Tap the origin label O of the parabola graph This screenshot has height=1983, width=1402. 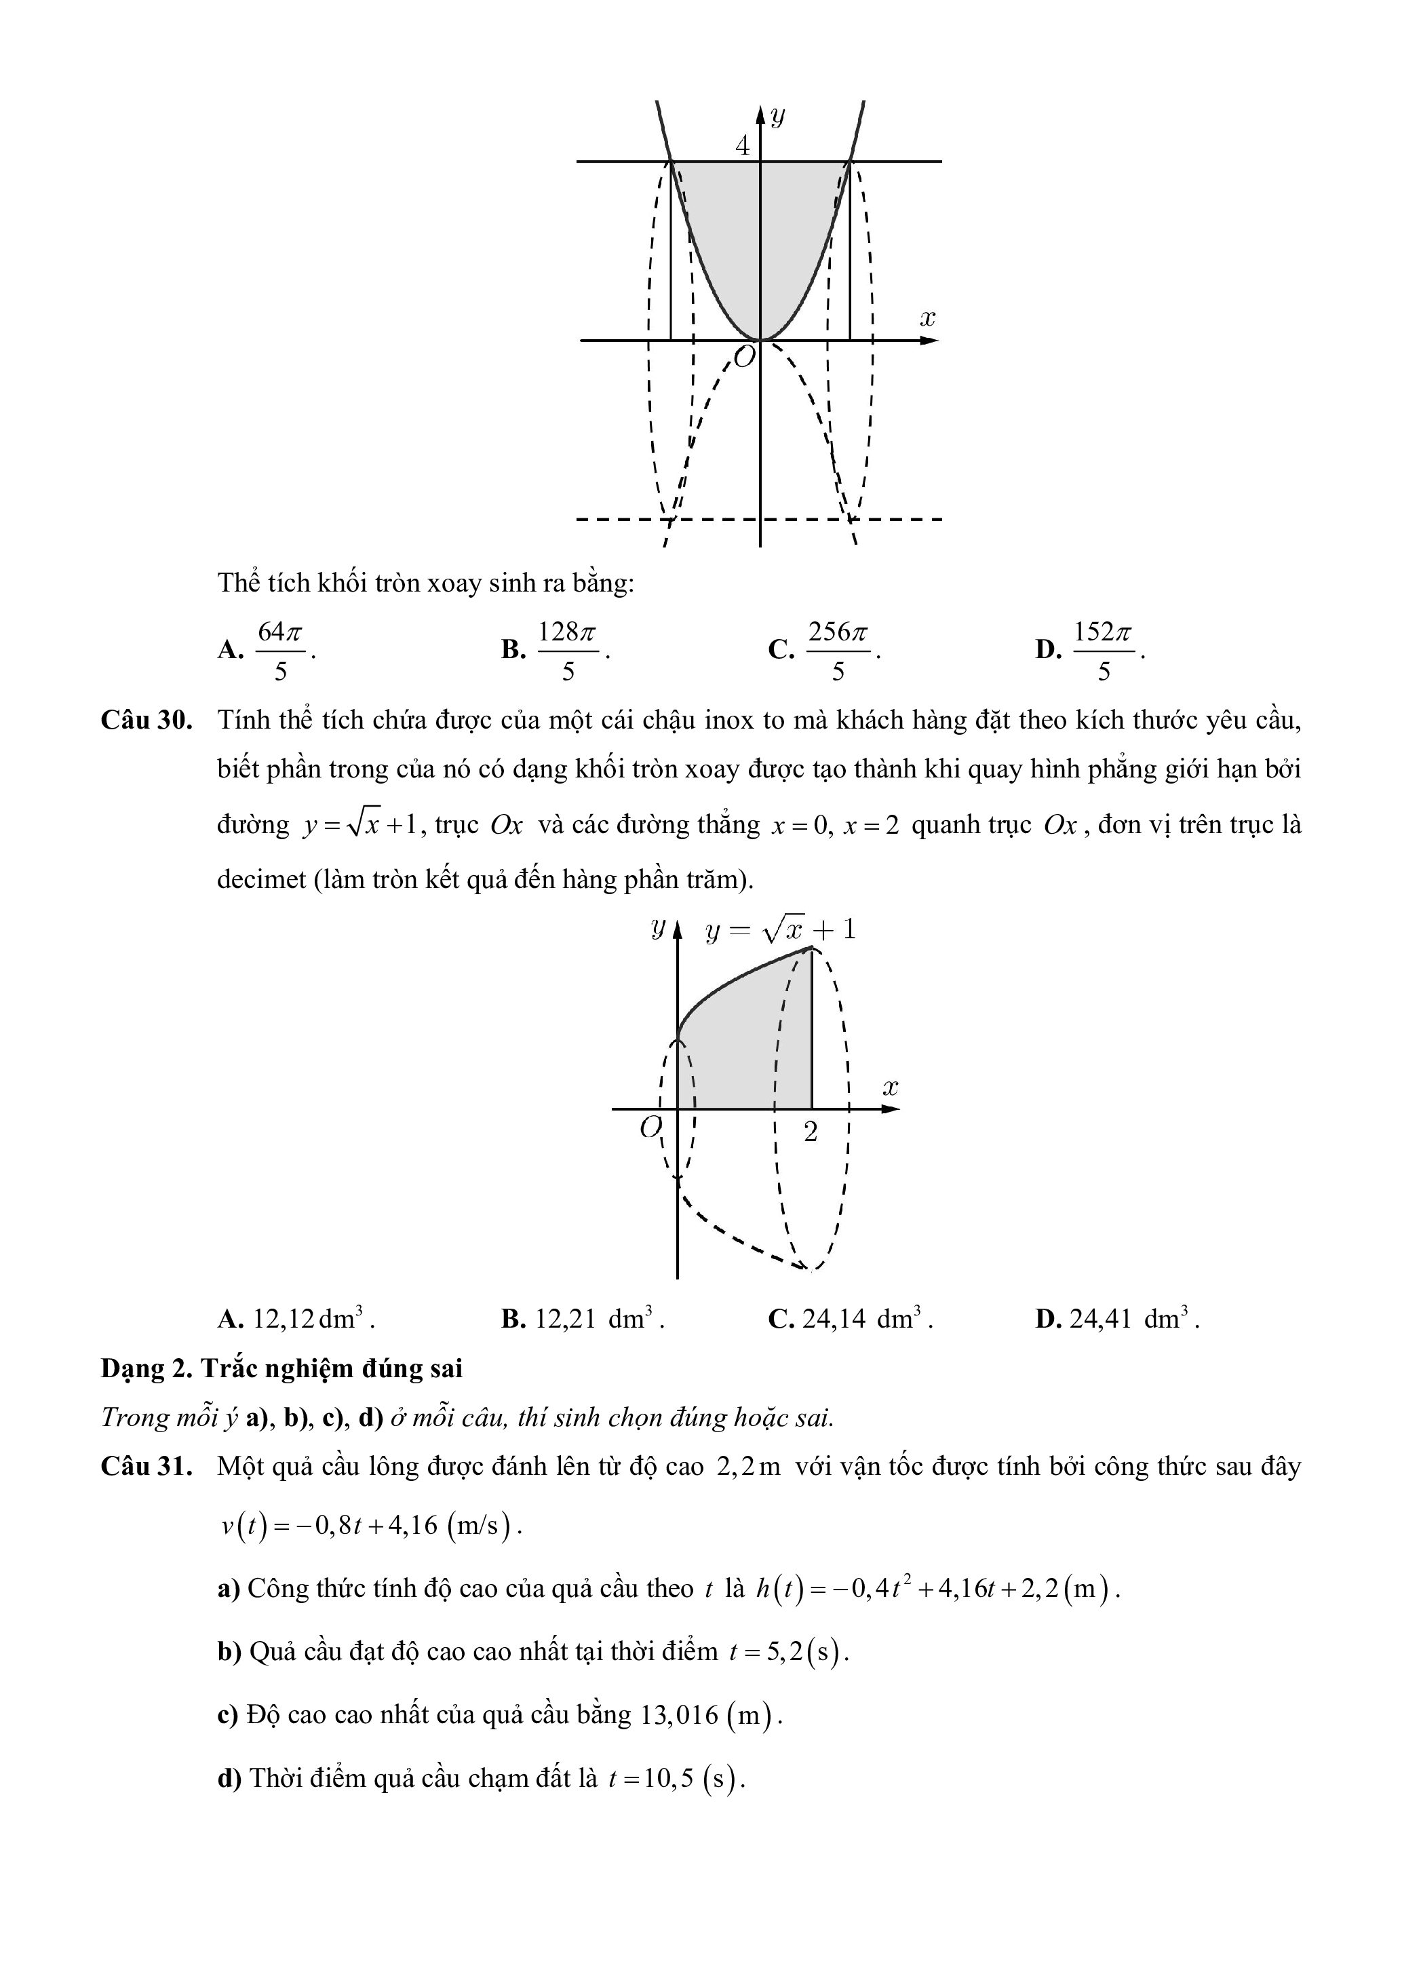tap(744, 355)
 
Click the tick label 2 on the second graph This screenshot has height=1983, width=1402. tap(811, 1132)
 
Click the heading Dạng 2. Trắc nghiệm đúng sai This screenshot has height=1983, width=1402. tap(281, 1368)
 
